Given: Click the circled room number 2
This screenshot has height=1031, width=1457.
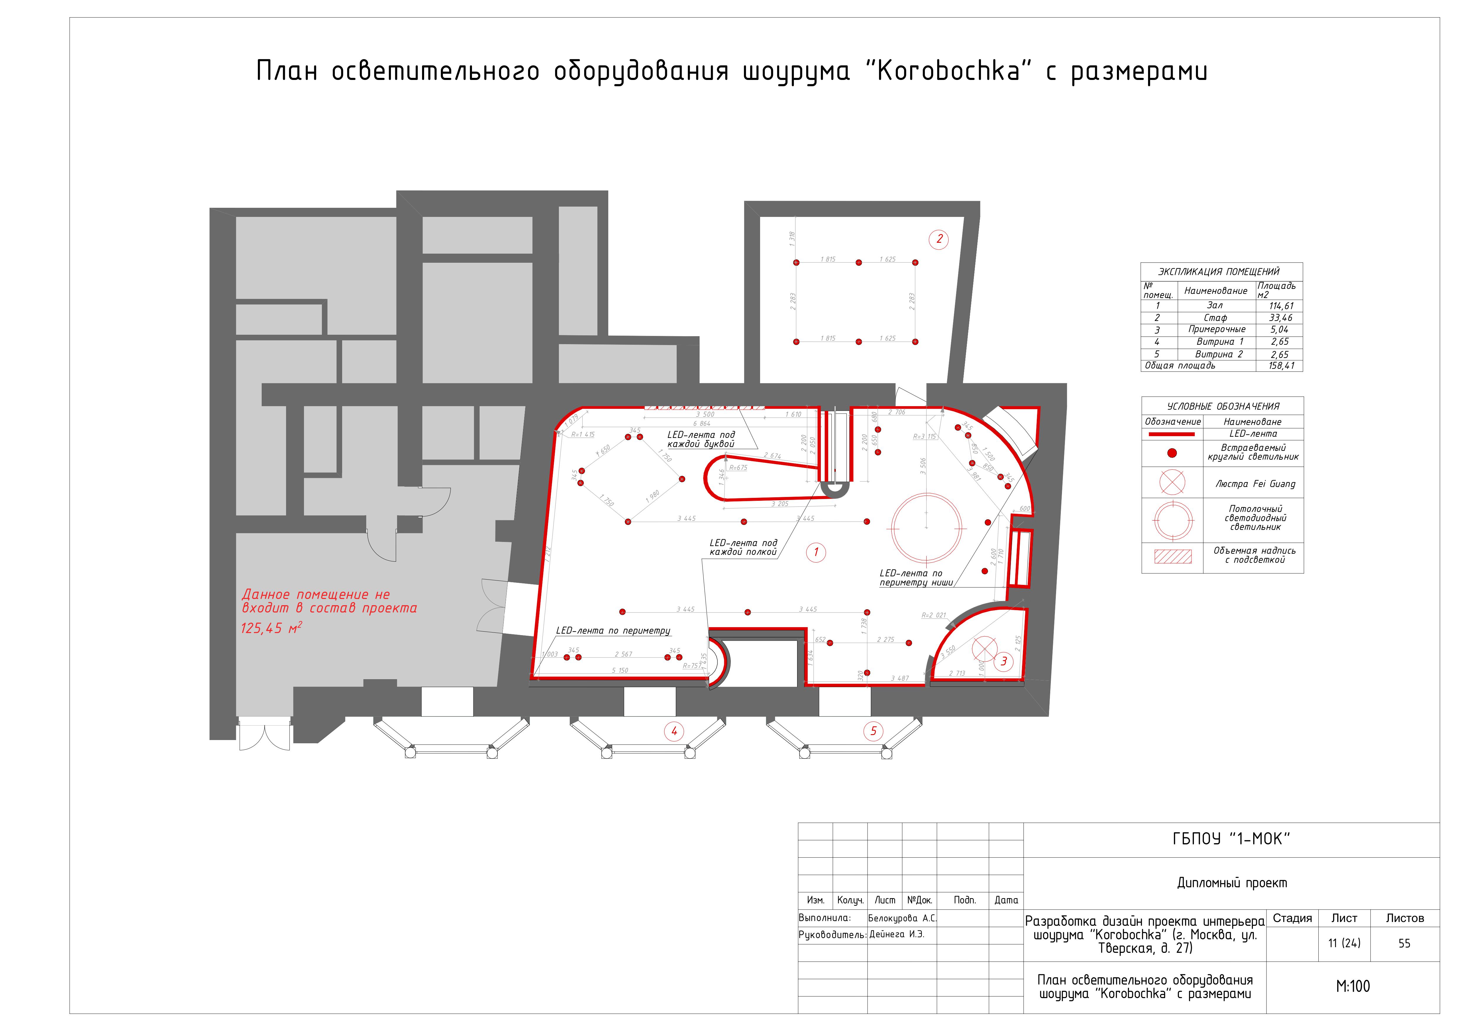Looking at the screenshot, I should [x=939, y=239].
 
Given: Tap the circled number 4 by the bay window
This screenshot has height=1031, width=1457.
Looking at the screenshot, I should [x=674, y=731].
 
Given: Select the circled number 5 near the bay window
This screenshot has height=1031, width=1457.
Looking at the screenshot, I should [x=873, y=731].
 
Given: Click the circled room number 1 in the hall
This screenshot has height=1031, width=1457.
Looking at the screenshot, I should [x=816, y=552].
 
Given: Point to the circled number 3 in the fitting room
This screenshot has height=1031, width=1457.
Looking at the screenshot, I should [x=1004, y=662].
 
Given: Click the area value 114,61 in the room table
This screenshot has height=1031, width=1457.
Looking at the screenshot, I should [x=1280, y=306].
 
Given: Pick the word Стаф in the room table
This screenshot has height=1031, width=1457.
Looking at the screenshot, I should [x=1215, y=317].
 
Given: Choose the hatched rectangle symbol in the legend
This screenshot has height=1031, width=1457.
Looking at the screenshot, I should [x=1172, y=557].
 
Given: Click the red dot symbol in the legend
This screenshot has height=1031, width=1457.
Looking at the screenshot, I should [x=1172, y=453].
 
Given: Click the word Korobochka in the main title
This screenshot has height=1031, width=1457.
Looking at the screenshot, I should [x=948, y=71].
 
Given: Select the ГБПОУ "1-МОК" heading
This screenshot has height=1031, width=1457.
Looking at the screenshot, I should [x=1231, y=839].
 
